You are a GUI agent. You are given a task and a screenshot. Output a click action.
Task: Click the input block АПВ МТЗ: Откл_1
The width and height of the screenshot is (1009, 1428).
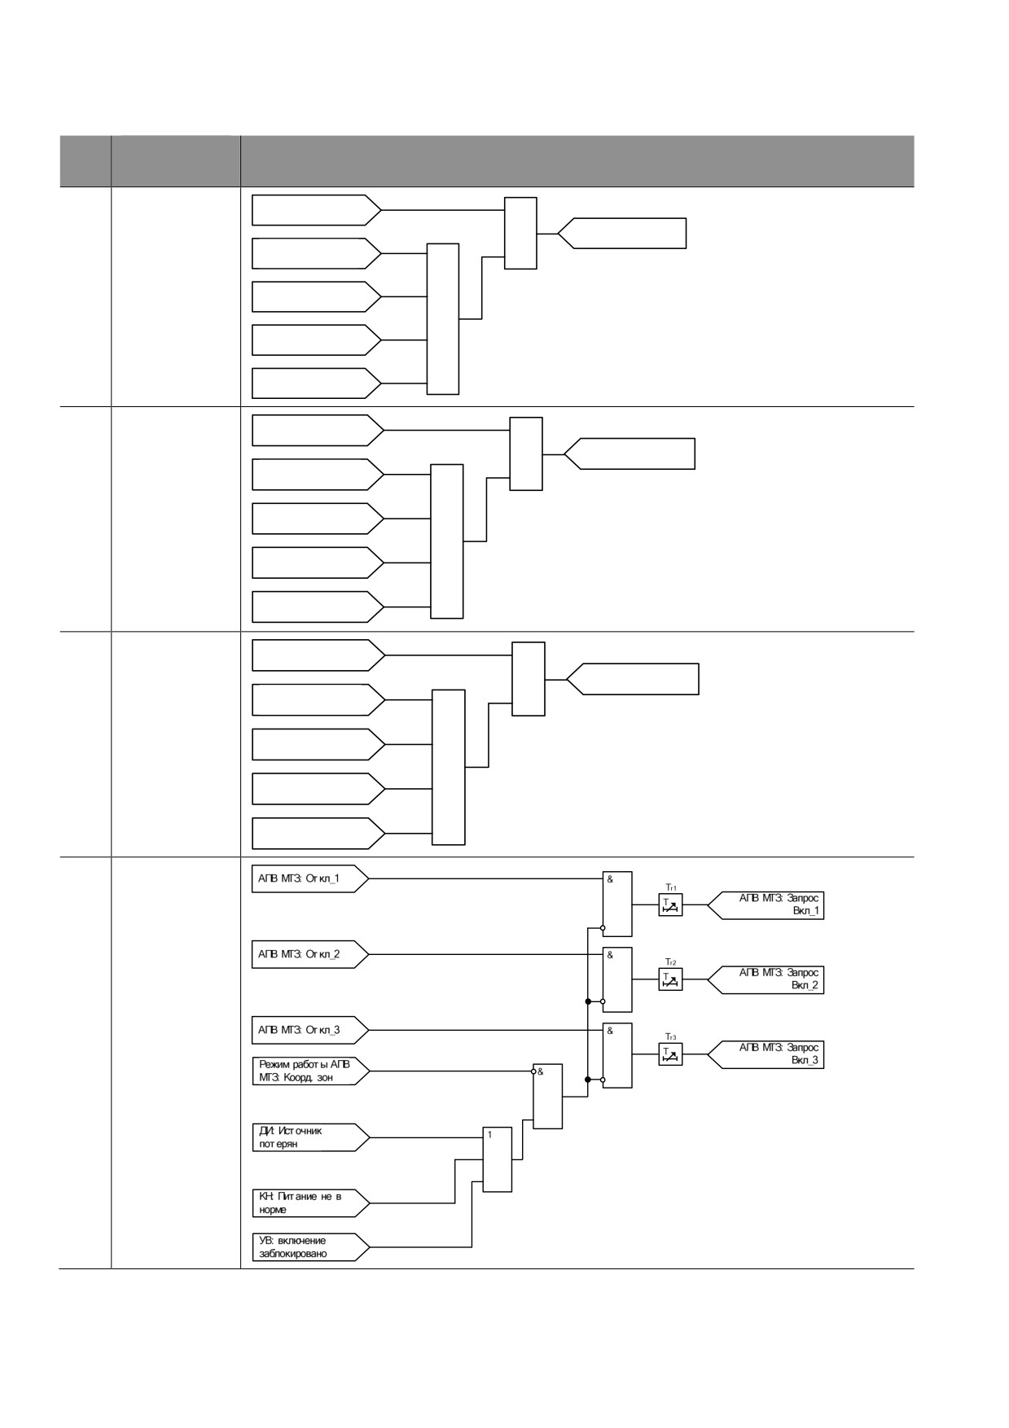pos(310,879)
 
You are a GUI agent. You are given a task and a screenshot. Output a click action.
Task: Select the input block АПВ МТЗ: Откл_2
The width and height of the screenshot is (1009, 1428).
pos(310,954)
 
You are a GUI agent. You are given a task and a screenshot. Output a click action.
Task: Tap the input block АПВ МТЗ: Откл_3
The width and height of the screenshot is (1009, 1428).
pos(310,1030)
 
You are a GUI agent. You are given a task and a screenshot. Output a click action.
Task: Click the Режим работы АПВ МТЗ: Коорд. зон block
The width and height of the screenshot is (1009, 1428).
pos(310,1071)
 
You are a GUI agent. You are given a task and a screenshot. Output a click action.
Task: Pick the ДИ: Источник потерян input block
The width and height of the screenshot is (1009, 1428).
pos(310,1137)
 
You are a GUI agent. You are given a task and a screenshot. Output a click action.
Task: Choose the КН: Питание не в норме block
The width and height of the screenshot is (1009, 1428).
pos(310,1202)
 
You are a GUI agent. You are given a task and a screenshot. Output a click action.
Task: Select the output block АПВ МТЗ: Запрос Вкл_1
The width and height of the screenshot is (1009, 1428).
pos(766,905)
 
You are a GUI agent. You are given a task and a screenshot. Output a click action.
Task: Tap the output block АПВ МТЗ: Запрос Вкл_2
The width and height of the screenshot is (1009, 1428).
pos(766,979)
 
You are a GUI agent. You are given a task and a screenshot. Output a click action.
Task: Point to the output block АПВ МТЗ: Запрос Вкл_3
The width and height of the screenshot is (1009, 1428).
pos(766,1054)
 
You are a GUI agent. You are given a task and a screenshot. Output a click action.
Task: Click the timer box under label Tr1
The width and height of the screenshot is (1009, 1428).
pos(670,905)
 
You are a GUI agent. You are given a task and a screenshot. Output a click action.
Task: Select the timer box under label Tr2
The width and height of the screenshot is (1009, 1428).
pos(670,979)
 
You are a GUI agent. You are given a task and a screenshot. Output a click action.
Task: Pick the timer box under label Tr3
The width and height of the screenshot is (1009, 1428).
pos(670,1054)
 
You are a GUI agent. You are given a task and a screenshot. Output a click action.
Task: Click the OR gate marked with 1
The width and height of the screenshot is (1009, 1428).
pos(498,1160)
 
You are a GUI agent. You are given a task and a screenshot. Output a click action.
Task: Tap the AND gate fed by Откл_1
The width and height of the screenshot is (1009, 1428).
pos(617,904)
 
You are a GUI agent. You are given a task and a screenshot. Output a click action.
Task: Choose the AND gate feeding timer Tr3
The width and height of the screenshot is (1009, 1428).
pos(617,1055)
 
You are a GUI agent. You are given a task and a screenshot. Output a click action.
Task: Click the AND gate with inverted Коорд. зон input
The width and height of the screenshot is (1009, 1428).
pos(548,1096)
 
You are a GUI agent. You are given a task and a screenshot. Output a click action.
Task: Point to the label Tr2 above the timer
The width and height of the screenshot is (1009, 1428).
pos(671,961)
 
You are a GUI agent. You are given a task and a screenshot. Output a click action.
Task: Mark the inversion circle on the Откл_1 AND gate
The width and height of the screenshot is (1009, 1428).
pos(603,927)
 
